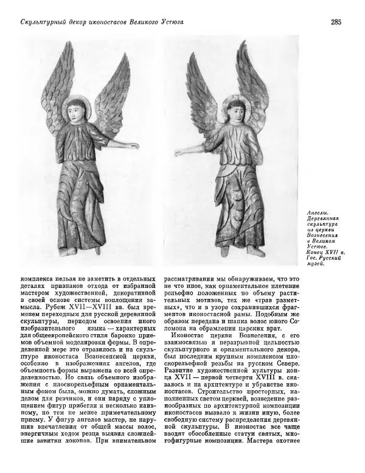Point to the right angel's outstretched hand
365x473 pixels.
tap(179, 150)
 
